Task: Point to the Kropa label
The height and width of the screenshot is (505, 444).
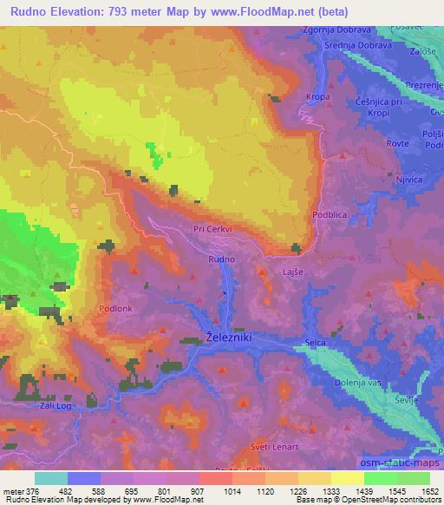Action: click(x=318, y=97)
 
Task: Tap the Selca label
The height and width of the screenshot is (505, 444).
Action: click(x=316, y=344)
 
